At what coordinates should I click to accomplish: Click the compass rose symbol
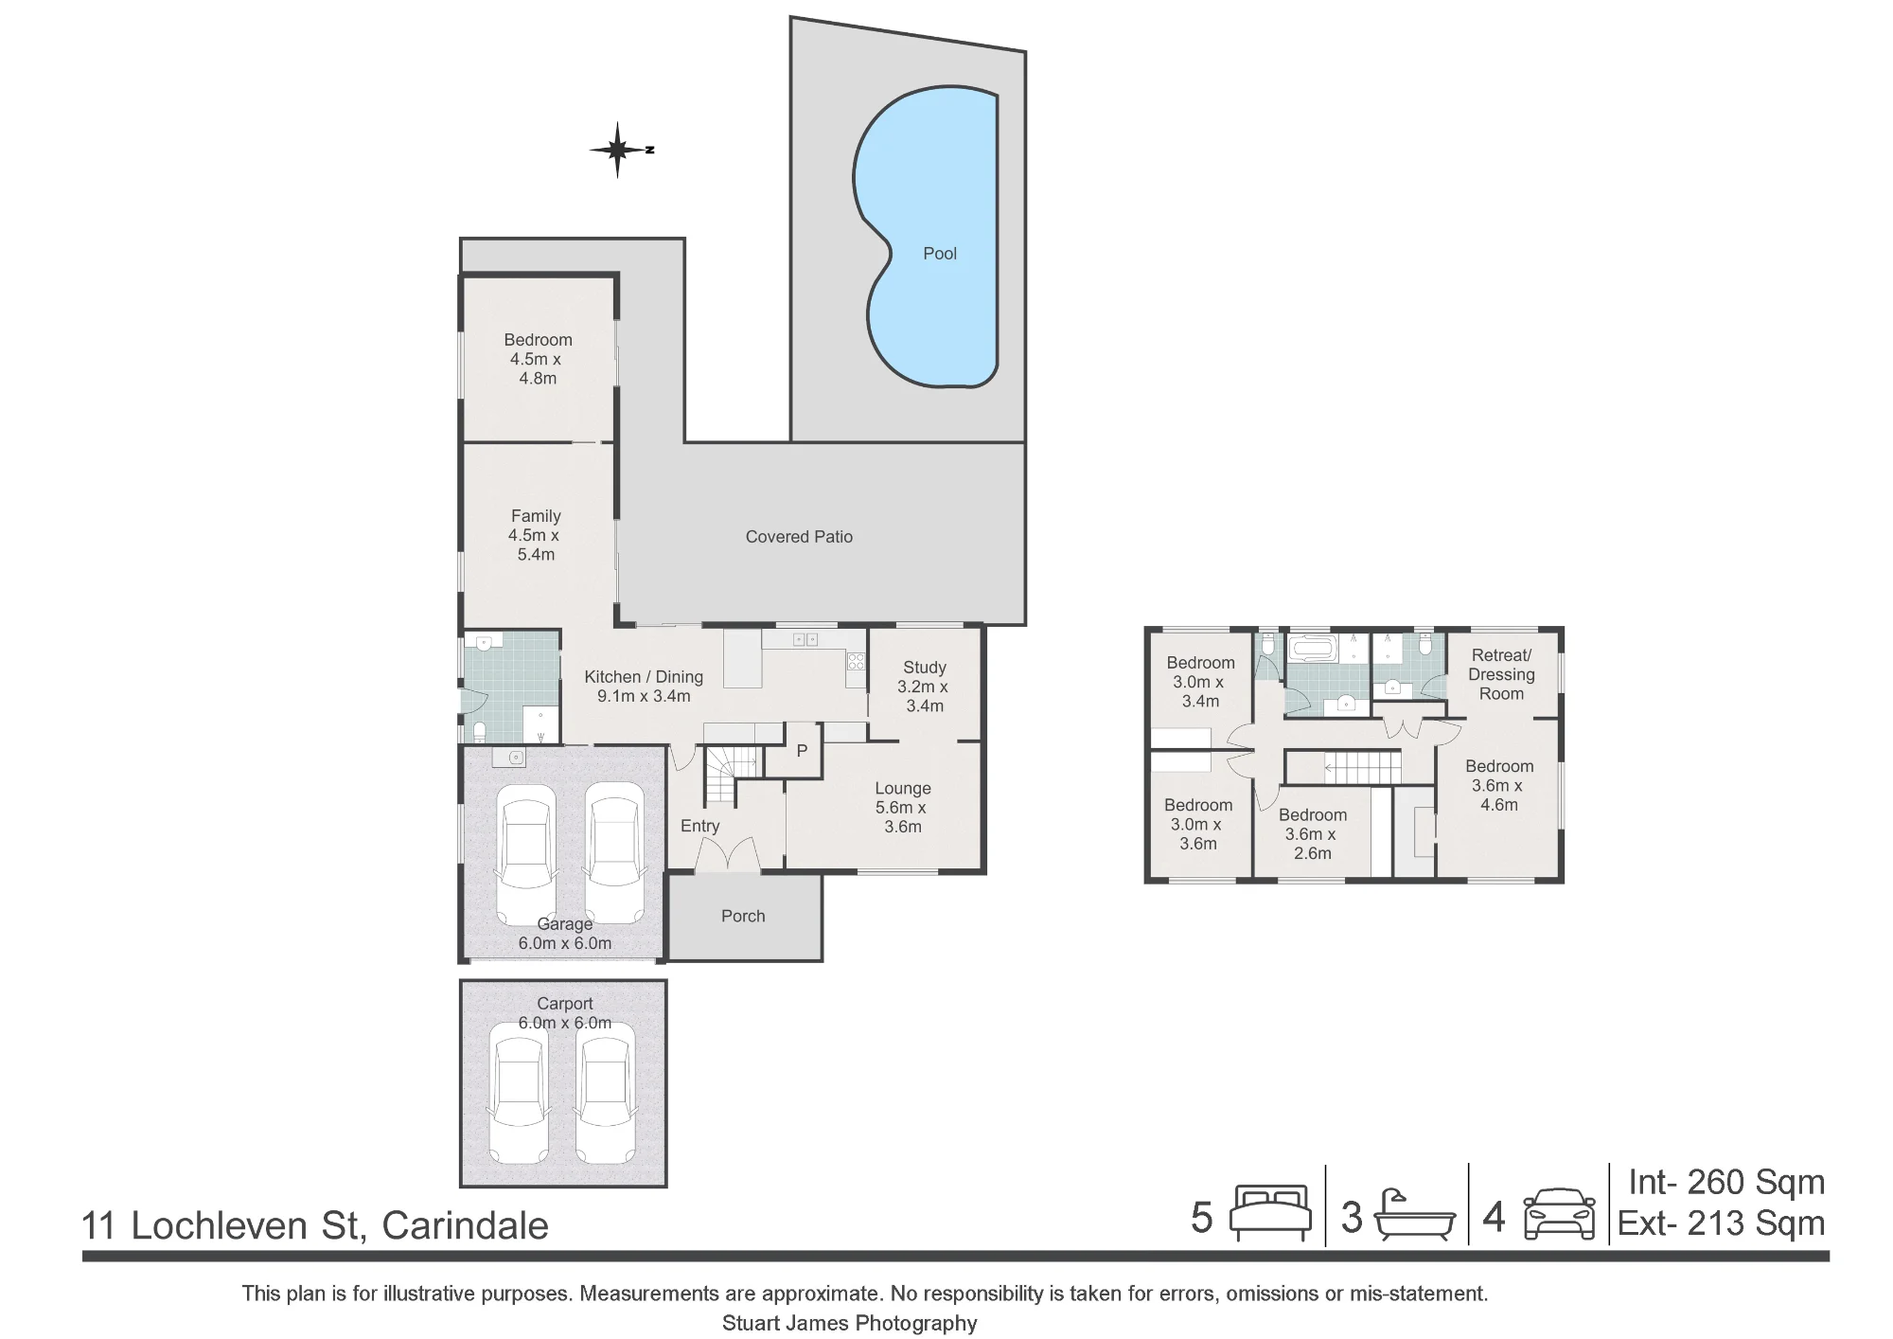pos(618,150)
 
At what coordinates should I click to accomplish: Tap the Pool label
pos(940,254)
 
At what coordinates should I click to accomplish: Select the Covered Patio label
pos(799,537)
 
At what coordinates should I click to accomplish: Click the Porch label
pos(743,916)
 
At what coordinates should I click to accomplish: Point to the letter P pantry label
pos(802,751)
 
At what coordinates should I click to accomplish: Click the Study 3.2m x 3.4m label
pos(924,687)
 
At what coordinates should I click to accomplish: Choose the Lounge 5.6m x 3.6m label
pos(902,807)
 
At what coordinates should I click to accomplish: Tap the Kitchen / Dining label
pos(644,677)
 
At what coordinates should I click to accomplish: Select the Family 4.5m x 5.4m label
pos(535,535)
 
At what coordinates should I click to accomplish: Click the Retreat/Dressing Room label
pos(1501,674)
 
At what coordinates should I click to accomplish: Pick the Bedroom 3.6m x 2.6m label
pos(1312,833)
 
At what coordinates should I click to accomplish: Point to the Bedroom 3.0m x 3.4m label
pos(1200,682)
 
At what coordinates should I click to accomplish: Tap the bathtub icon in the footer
pos(1414,1215)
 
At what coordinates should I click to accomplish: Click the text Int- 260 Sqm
pos(1726,1182)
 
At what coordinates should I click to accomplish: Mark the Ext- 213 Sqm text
pos(1721,1223)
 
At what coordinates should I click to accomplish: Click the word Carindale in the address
pos(465,1225)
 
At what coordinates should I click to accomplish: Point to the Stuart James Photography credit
pos(849,1323)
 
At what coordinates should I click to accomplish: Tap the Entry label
pos(699,826)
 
